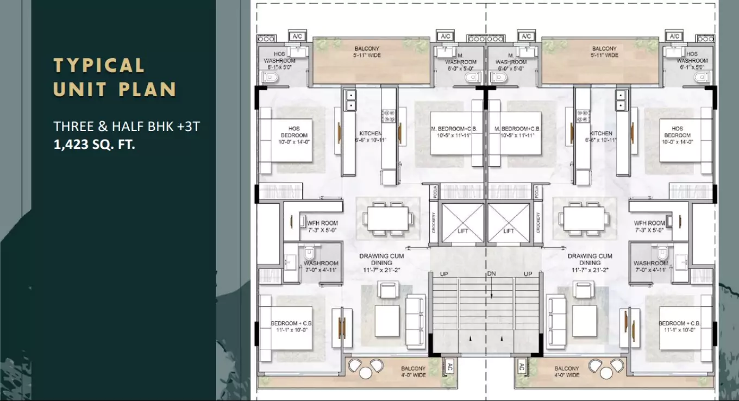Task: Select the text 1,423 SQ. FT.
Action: tap(94, 145)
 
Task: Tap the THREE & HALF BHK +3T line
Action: tap(127, 127)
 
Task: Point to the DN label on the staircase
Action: tap(491, 273)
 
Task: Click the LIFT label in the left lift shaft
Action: tap(462, 231)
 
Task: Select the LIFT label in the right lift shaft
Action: tap(509, 231)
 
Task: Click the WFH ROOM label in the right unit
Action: tap(649, 223)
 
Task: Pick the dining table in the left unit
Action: tap(387, 220)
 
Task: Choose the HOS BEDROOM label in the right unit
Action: tap(677, 132)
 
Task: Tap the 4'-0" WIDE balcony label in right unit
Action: tap(567, 375)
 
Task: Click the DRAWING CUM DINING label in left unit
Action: tap(381, 259)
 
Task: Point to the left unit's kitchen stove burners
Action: tap(389, 115)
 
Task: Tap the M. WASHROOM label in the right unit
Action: tap(511, 59)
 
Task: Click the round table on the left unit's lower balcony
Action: tap(365, 373)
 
